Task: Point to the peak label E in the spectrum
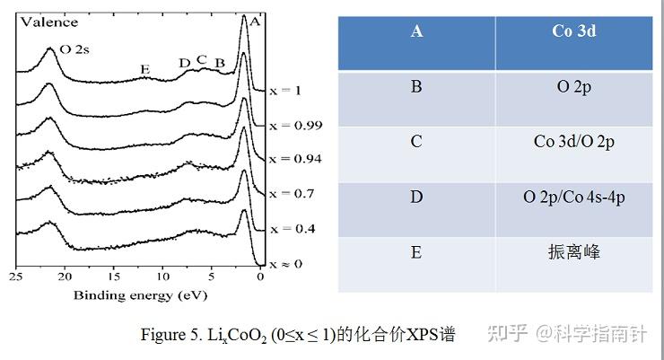[145, 69]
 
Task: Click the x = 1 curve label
[284, 91]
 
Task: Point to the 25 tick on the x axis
[14, 277]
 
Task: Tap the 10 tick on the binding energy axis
[162, 277]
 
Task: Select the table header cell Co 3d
[574, 31]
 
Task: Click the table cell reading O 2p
[574, 87]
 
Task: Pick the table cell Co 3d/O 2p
[574, 142]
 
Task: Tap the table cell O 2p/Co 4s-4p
[574, 197]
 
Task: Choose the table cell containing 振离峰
[574, 252]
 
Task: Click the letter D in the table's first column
[416, 197]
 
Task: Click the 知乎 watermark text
[504, 334]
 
